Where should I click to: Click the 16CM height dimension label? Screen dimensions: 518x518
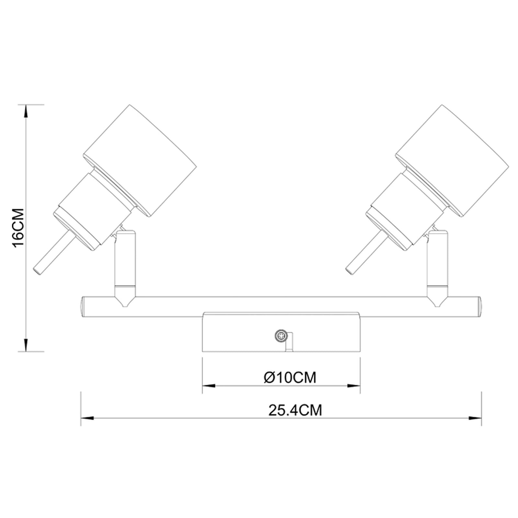(x=18, y=228)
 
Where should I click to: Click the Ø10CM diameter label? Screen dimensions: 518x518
(x=290, y=377)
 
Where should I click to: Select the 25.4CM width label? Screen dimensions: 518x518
(x=295, y=410)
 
